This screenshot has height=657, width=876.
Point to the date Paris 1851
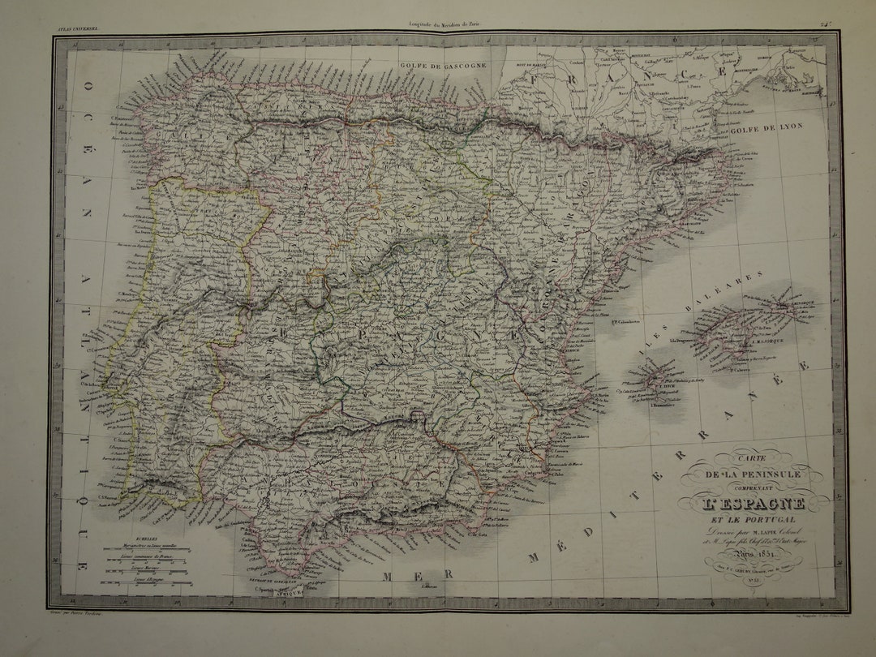pos(754,556)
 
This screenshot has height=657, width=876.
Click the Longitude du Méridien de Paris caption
pos(445,26)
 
